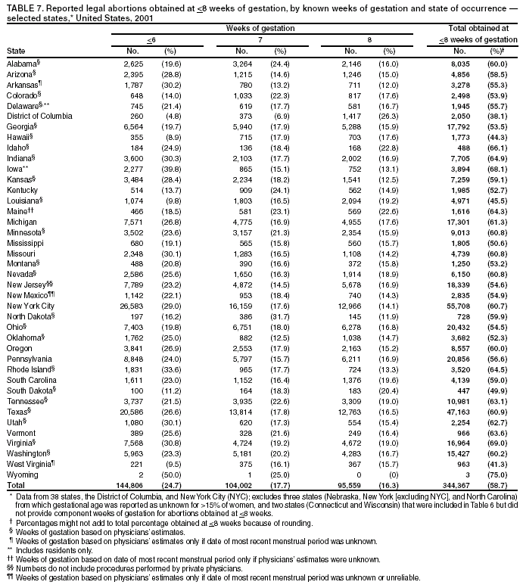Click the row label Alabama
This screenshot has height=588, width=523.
pyautogui.click(x=20, y=64)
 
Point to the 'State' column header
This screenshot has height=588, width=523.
pyautogui.click(x=15, y=51)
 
